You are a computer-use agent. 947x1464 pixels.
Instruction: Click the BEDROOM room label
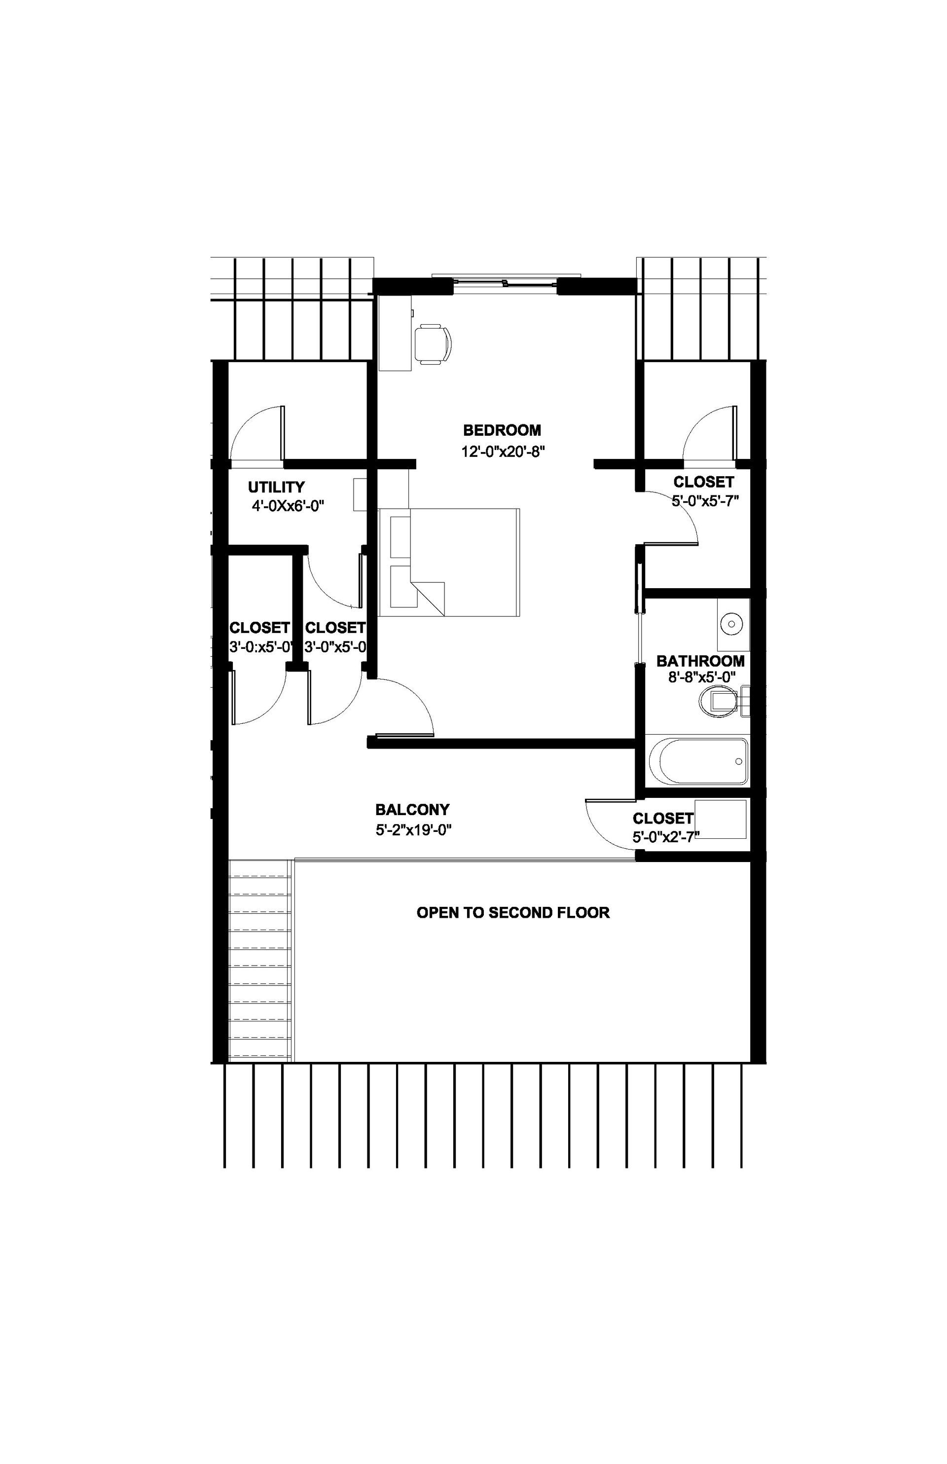(x=502, y=430)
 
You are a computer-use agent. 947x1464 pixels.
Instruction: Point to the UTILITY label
(x=276, y=487)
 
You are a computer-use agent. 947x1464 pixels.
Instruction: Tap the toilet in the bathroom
(x=719, y=702)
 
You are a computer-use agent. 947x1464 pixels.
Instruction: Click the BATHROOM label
(x=700, y=661)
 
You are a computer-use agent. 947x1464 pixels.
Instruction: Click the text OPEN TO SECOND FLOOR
(x=513, y=912)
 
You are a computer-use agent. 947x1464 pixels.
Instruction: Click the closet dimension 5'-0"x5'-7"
(x=705, y=501)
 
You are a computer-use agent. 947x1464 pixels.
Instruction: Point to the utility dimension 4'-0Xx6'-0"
(x=287, y=506)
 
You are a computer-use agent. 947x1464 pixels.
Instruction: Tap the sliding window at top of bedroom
(x=506, y=282)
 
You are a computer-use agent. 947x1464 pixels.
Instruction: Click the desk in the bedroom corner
(x=394, y=333)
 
